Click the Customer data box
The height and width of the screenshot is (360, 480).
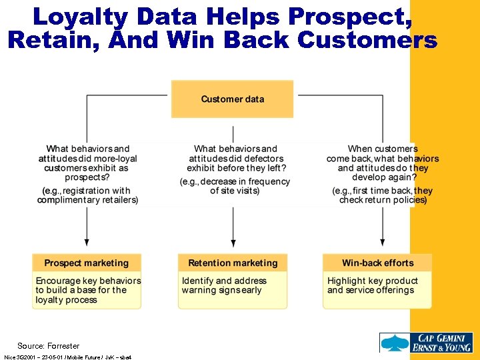(232, 99)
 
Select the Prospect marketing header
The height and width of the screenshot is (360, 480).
(87, 263)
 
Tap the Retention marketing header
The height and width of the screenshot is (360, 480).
(232, 263)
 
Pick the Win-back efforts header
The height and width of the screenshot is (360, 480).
(377, 263)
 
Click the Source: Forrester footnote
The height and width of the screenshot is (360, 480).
(48, 345)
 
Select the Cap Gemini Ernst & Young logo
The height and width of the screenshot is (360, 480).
(426, 342)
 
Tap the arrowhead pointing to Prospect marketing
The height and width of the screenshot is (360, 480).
(87, 243)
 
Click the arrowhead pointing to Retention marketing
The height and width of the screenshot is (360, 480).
(233, 243)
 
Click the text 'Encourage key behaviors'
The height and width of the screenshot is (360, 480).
(88, 281)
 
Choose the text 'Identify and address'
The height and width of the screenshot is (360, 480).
(224, 281)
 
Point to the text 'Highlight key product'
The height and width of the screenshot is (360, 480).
(372, 281)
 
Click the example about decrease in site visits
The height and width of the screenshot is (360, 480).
(235, 186)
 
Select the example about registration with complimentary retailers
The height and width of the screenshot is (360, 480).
(88, 195)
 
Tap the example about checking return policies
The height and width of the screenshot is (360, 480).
(383, 195)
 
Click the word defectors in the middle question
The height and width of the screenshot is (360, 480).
(264, 159)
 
